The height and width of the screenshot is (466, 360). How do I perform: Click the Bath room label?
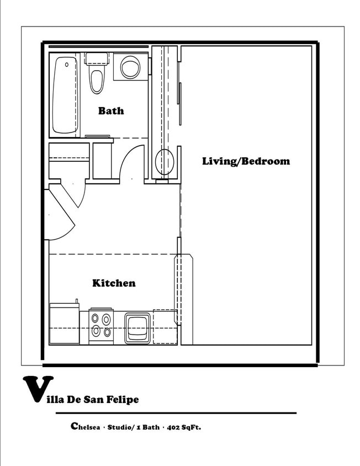click(111, 111)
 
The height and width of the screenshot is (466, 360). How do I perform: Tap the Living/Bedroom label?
click(246, 161)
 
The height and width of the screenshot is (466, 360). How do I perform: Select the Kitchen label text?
click(114, 283)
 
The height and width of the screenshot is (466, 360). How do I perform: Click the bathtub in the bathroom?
click(65, 95)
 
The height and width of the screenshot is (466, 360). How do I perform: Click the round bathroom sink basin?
click(130, 67)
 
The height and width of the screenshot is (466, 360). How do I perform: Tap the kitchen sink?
click(137, 328)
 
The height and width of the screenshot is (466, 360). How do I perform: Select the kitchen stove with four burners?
click(101, 326)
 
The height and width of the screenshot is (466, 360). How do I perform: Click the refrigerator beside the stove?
click(64, 324)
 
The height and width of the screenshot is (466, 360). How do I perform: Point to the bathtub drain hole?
click(67, 65)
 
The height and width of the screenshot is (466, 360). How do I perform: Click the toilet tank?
click(96, 59)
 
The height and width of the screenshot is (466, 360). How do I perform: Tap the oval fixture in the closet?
click(165, 162)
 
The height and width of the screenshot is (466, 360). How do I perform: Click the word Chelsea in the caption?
click(86, 427)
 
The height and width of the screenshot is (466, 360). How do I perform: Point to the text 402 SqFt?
click(184, 427)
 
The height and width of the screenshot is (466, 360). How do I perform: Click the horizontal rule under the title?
click(176, 413)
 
